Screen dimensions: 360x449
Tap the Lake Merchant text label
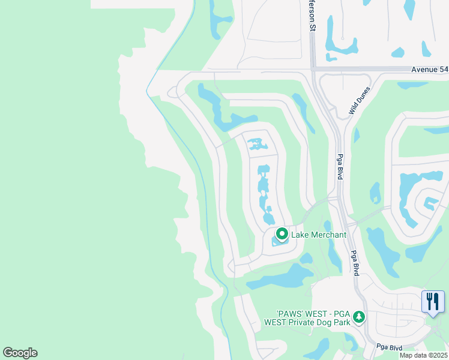319,235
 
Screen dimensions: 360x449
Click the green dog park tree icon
359,316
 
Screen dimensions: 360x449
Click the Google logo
20,353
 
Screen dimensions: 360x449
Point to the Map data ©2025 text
423,355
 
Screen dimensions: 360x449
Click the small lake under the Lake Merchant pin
279,242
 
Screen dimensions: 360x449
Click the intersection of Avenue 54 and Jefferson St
312,70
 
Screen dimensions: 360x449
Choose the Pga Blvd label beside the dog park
355,263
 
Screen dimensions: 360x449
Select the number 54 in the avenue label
442,70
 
